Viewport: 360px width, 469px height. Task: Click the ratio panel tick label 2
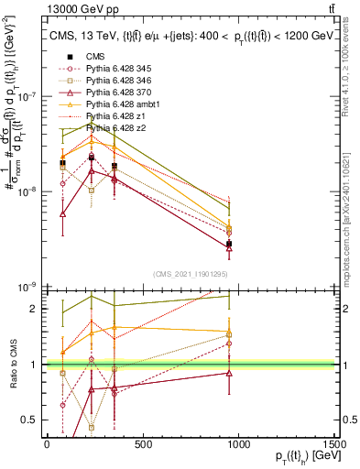(34, 310)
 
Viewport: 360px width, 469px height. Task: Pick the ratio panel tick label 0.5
(30, 420)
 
